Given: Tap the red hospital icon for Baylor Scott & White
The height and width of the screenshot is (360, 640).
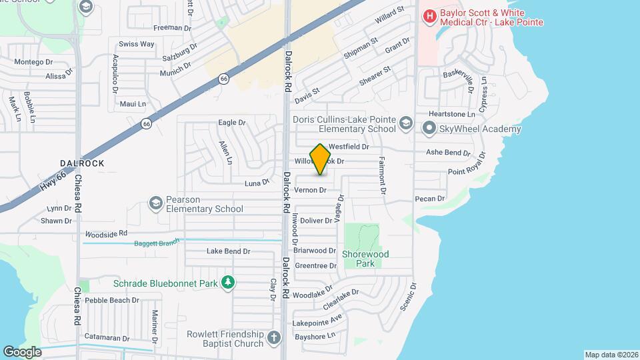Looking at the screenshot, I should click(x=430, y=15).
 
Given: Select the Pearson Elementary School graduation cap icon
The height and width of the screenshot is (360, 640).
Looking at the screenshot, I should click(x=156, y=203).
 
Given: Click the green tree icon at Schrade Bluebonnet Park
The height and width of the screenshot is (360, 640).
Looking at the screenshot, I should click(x=228, y=283).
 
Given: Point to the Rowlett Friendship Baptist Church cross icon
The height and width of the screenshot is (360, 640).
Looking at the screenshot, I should click(x=273, y=339).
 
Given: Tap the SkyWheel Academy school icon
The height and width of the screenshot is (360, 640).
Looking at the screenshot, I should click(x=429, y=128).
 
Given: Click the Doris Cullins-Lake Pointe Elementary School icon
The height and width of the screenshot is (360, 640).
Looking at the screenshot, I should click(x=407, y=123).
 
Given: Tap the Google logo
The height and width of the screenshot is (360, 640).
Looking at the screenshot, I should click(x=22, y=351).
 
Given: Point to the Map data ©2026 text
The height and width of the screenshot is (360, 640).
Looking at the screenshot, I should click(x=611, y=354).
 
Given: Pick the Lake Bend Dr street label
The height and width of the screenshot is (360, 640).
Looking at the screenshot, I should click(x=228, y=251).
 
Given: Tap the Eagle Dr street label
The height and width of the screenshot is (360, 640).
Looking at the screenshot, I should click(x=232, y=123).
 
